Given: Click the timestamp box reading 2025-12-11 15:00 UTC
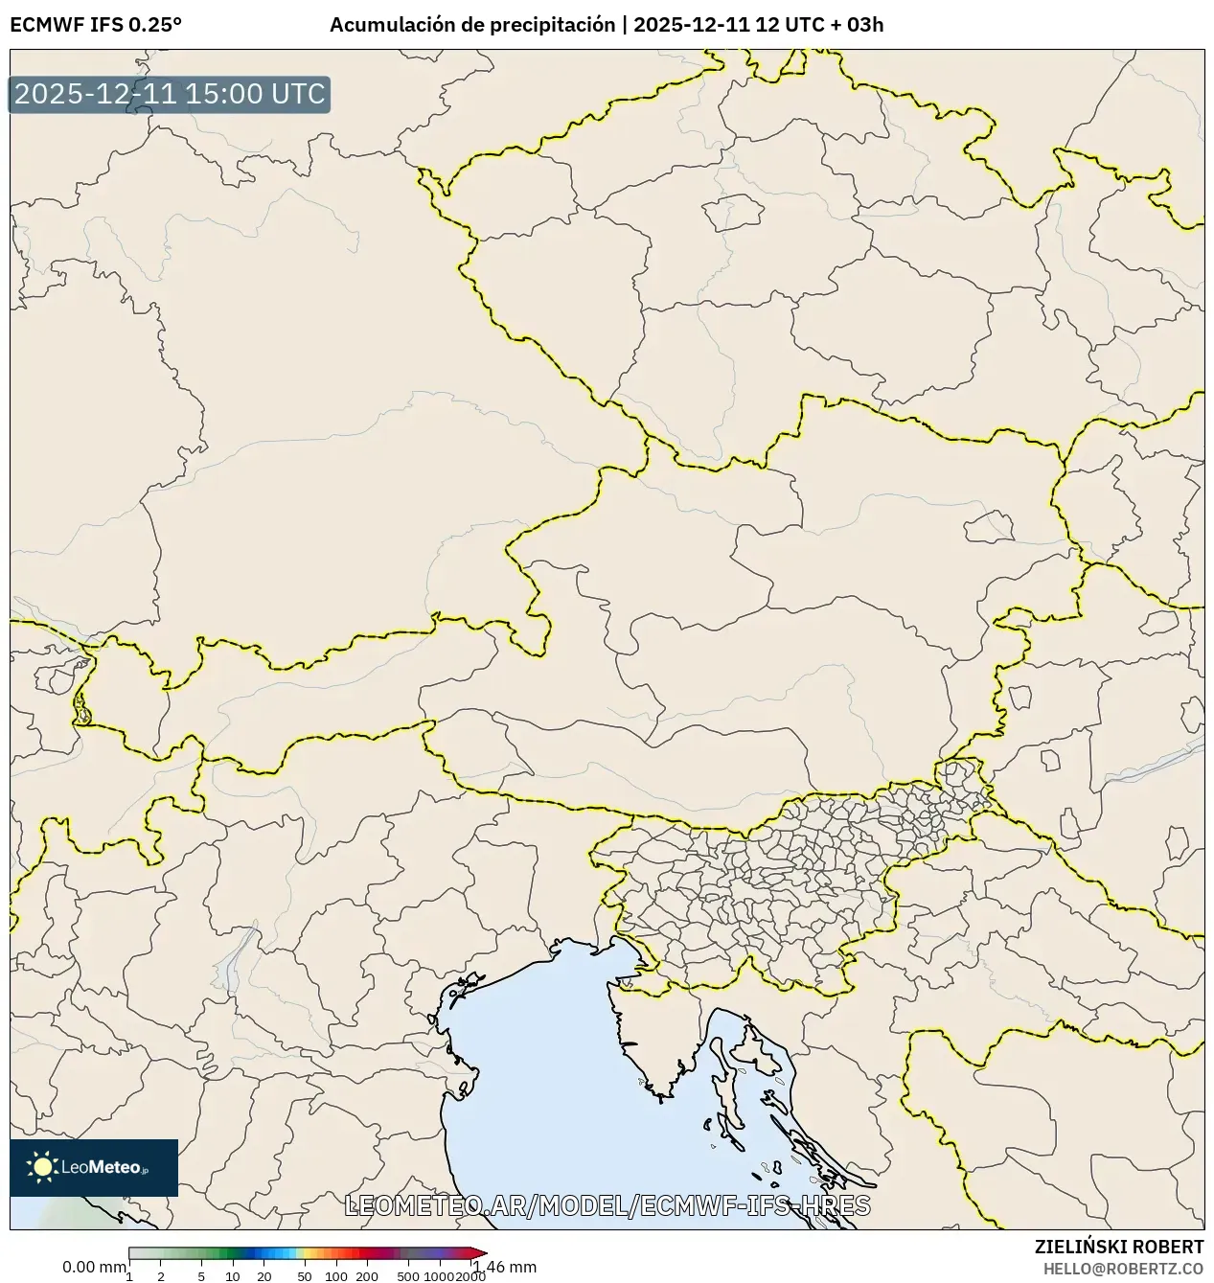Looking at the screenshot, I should [170, 95].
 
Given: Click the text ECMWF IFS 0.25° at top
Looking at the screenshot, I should [96, 25].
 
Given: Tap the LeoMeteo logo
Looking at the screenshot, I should [94, 1167].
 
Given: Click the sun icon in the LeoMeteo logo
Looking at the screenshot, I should [42, 1167].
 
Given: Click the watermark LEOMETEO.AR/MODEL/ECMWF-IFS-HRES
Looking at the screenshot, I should [607, 1205].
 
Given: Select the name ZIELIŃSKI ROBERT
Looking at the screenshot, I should [1119, 1247].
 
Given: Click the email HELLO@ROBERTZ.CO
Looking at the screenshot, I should [1123, 1268].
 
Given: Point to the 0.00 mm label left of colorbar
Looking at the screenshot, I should [94, 1267].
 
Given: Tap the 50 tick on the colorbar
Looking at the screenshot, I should [305, 1276].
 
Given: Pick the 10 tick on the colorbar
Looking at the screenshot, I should [233, 1276].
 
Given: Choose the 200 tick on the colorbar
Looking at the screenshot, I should [367, 1276].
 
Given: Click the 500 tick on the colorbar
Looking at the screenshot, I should [408, 1276].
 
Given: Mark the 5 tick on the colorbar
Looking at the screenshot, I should [201, 1276].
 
